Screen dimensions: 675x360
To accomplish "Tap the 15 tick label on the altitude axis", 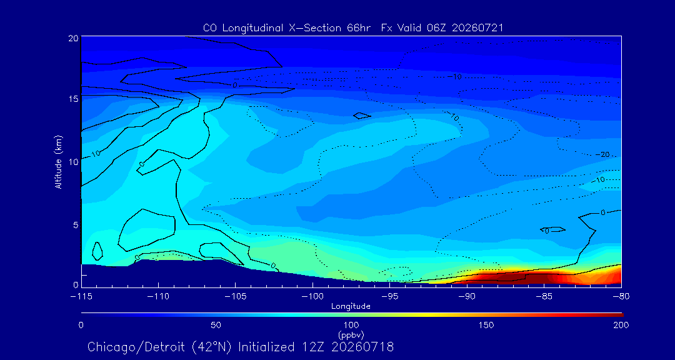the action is (x=73, y=99).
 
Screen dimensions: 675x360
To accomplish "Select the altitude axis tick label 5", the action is (x=76, y=225).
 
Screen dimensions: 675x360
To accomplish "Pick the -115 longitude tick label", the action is (x=81, y=297).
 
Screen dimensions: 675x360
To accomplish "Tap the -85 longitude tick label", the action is (x=544, y=297).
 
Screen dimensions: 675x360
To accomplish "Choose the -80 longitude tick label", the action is (x=621, y=297).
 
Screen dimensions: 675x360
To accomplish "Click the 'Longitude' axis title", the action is (x=351, y=307).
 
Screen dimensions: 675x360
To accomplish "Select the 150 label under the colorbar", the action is (x=486, y=325).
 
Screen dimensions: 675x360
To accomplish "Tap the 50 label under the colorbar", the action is (x=216, y=325).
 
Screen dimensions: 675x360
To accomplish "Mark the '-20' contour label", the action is (x=602, y=154).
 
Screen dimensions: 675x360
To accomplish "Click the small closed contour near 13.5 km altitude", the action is (x=362, y=116).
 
